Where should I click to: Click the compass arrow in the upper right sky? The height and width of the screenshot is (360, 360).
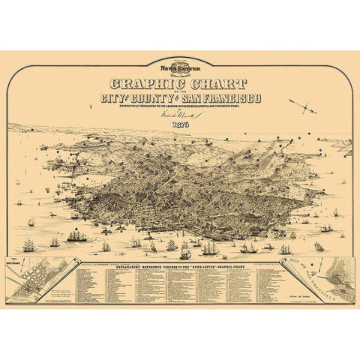pyautogui.click(x=304, y=106)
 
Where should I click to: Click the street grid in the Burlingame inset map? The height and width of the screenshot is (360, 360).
pyautogui.click(x=34, y=281)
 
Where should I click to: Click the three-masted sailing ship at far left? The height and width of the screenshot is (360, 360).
pyautogui.click(x=28, y=245)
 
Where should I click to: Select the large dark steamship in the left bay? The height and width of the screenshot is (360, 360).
pyautogui.click(x=77, y=236)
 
